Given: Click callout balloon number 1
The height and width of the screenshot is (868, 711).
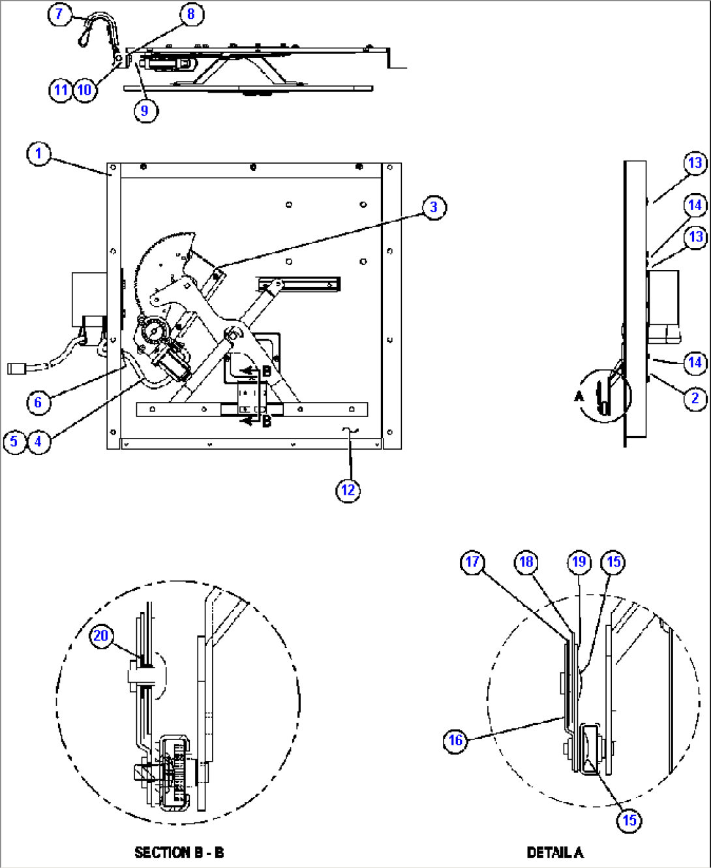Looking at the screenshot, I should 38,154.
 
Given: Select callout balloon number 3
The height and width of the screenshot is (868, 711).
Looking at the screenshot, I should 434,208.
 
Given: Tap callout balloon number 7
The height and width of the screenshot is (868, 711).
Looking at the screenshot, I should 59,14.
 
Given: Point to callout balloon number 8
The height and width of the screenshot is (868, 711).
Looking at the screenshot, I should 190,14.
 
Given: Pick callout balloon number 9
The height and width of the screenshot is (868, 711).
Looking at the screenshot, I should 145,110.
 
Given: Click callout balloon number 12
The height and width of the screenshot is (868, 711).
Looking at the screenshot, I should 348,490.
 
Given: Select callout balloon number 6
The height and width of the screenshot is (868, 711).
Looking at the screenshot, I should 38,402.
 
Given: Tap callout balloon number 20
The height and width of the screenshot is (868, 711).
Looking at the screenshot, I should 101,636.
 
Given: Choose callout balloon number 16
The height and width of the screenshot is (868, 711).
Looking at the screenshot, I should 455,740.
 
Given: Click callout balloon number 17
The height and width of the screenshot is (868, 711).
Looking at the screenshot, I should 472,562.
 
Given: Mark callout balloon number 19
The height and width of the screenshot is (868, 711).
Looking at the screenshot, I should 580,562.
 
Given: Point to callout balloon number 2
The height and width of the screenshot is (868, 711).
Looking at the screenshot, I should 695,397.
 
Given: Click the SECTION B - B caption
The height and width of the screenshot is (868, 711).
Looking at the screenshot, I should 179,852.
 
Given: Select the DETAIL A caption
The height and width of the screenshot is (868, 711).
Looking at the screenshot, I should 555,852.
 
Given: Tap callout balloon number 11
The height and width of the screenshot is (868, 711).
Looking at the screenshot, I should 61,89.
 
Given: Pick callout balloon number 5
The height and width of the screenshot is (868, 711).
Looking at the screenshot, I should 14,441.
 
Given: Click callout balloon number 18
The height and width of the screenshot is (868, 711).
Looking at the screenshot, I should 526,562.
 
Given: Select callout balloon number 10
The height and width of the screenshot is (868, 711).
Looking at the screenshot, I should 85,89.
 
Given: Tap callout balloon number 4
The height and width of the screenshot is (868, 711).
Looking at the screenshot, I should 38,441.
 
